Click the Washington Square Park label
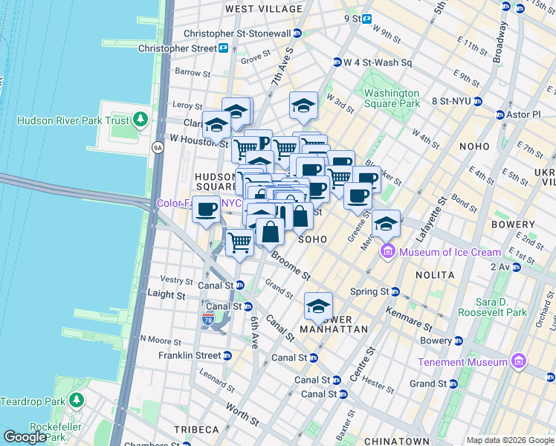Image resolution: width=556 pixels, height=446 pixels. pyautogui.click(x=392, y=98)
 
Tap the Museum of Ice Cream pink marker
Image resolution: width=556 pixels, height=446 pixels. pyautogui.click(x=387, y=252)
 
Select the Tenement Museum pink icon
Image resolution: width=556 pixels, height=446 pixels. pyautogui.click(x=519, y=362)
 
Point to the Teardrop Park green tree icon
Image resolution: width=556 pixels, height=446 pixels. pyautogui.click(x=76, y=401)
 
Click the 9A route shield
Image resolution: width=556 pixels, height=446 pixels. pyautogui.click(x=157, y=147)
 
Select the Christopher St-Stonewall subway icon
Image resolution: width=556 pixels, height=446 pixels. pyautogui.click(x=297, y=33)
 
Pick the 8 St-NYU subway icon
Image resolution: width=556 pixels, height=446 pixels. pyautogui.click(x=478, y=101)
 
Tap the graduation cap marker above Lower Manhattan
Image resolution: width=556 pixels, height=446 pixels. pyautogui.click(x=317, y=306)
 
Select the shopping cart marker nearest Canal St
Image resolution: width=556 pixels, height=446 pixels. pyautogui.click(x=239, y=242)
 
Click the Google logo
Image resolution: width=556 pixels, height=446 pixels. pyautogui.click(x=25, y=436)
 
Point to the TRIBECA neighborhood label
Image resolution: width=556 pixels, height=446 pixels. pyautogui.click(x=196, y=430)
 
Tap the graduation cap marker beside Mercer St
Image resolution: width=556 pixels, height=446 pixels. pyautogui.click(x=386, y=223)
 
